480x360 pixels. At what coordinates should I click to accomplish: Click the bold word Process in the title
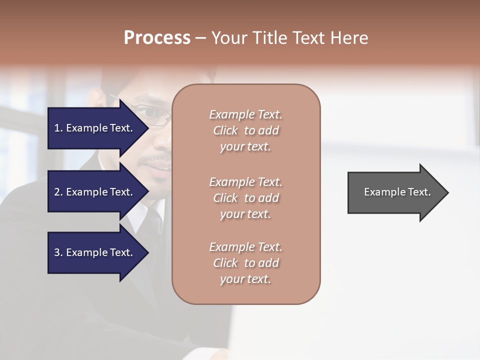pyautogui.click(x=157, y=38)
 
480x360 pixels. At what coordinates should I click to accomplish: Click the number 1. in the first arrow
pyautogui.click(x=58, y=128)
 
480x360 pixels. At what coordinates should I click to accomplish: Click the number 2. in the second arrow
pyautogui.click(x=58, y=192)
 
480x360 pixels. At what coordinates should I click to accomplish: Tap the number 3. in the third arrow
pyautogui.click(x=58, y=252)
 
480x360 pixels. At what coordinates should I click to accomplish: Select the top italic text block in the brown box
pyautogui.click(x=245, y=130)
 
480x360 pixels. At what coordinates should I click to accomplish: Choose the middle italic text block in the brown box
pyautogui.click(x=245, y=198)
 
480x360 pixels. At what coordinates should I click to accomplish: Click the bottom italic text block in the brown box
pyautogui.click(x=245, y=263)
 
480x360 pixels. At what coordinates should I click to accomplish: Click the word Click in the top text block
pyautogui.click(x=225, y=130)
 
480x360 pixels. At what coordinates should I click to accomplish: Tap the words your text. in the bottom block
pyautogui.click(x=245, y=279)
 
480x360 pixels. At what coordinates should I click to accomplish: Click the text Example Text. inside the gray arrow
pyautogui.click(x=397, y=192)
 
